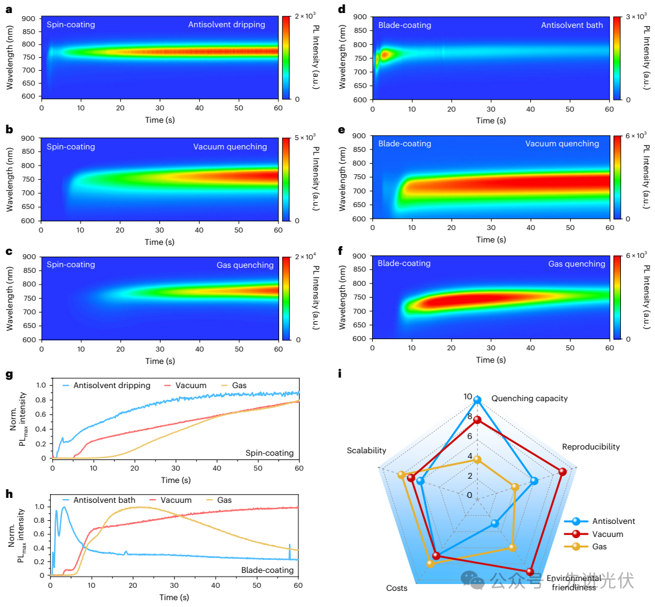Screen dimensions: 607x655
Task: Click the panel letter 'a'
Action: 9,11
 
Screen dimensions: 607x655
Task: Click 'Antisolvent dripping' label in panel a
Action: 226,25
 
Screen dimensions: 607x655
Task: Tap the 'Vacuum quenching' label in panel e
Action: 562,144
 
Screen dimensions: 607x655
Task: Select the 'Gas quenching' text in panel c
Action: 245,265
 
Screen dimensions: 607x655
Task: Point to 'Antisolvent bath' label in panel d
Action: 572,25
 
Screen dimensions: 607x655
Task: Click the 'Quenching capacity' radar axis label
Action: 529,398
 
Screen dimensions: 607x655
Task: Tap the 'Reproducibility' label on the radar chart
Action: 590,446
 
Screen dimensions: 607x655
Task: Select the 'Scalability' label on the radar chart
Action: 367,451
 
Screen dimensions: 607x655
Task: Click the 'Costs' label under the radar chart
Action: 397,588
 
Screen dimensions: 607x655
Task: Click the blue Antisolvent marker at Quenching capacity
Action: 477,401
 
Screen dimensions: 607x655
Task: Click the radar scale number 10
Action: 468,397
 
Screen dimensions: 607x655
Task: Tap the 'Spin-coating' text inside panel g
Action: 270,453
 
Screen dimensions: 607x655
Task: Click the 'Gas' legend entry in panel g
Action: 239,386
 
